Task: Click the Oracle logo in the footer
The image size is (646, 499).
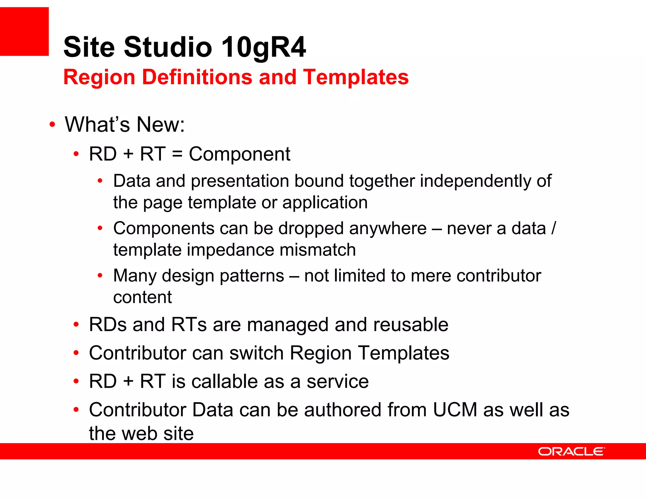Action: click(x=571, y=451)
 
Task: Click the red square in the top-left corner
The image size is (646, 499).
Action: click(x=24, y=31)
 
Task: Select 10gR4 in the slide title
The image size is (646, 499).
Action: click(x=263, y=47)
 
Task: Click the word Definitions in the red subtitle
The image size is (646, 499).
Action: click(x=197, y=77)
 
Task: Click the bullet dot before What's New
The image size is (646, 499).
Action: click(x=52, y=125)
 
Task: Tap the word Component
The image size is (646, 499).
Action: click(x=239, y=154)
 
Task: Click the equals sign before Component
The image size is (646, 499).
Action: click(x=177, y=155)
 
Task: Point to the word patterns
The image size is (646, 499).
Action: click(x=252, y=276)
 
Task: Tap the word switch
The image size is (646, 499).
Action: click(x=256, y=353)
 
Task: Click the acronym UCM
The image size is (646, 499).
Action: click(x=455, y=410)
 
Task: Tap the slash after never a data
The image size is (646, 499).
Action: click(x=554, y=228)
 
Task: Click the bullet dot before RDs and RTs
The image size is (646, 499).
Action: click(x=76, y=325)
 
